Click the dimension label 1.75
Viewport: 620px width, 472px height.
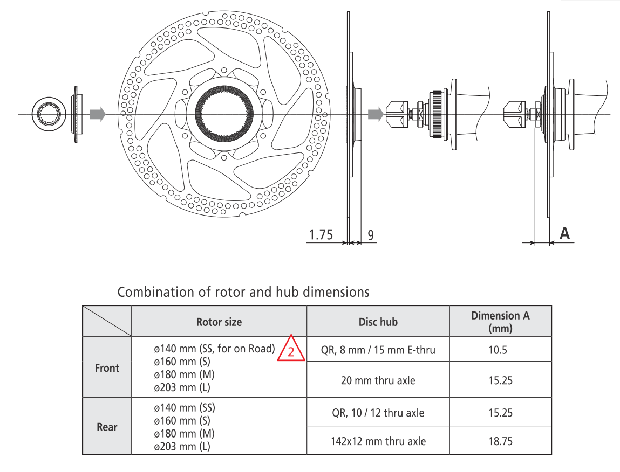[x=321, y=235]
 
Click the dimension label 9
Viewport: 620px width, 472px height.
[x=371, y=235]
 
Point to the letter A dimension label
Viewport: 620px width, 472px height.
[x=564, y=233]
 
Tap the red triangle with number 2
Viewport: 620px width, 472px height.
[x=291, y=350]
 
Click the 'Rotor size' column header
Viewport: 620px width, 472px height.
[x=219, y=322]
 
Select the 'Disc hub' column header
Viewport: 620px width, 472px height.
[x=378, y=322]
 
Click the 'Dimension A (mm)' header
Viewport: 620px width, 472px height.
[x=500, y=322]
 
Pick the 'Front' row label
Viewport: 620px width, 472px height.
[x=107, y=368]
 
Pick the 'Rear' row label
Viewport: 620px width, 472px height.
[x=107, y=427]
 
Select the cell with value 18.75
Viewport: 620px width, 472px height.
[x=500, y=441]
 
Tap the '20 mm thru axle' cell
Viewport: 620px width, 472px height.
[x=378, y=380]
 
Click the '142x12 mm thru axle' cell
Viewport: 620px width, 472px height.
[x=378, y=441]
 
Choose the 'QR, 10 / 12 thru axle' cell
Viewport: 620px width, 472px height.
[x=378, y=413]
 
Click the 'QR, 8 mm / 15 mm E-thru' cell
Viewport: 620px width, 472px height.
[x=378, y=350]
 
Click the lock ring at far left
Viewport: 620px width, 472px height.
[x=49, y=114]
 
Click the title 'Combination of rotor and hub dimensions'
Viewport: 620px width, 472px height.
[x=243, y=292]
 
